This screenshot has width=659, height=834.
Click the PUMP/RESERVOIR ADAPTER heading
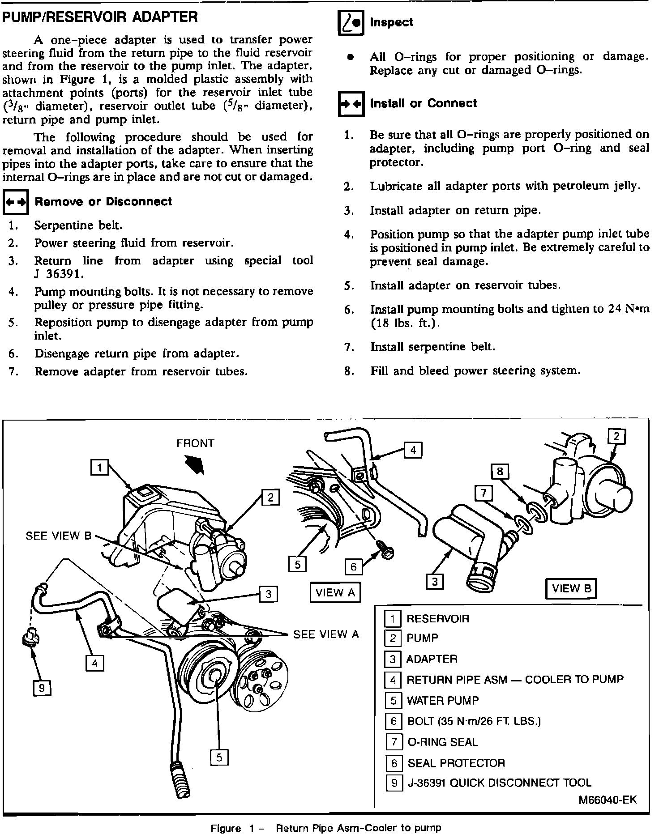click(x=100, y=17)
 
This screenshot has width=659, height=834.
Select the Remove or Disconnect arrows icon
click(x=16, y=202)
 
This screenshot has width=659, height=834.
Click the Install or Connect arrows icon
click(x=351, y=104)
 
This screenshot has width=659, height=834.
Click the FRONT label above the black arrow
click(x=195, y=443)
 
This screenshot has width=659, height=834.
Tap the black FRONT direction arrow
click(x=196, y=465)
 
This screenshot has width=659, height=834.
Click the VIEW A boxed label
click(x=335, y=593)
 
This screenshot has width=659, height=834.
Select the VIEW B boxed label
click(x=571, y=588)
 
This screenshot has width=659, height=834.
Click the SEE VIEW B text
click(x=58, y=536)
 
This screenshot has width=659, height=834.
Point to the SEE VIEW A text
click(x=326, y=634)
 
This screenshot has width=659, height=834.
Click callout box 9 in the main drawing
click(x=42, y=688)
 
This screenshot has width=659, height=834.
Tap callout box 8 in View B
click(x=500, y=471)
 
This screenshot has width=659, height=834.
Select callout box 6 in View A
click(x=353, y=567)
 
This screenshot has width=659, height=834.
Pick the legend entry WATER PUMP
click(x=442, y=700)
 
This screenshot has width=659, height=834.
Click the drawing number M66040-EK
click(x=607, y=800)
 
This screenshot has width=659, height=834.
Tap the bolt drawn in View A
click(x=385, y=551)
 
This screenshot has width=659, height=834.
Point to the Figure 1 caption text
click(x=325, y=828)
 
